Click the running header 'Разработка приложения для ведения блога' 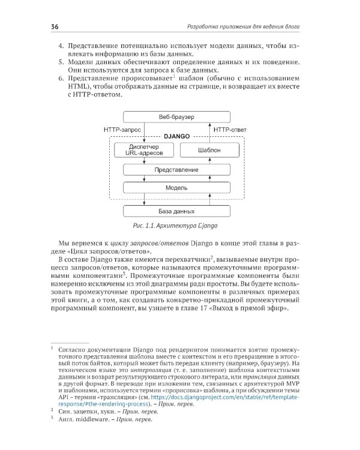[243, 26]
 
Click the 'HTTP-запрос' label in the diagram [123, 130]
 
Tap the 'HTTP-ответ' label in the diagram [230, 130]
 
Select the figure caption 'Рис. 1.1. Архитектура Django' [176, 227]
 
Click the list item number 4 [60, 46]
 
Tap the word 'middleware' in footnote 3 [94, 419]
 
